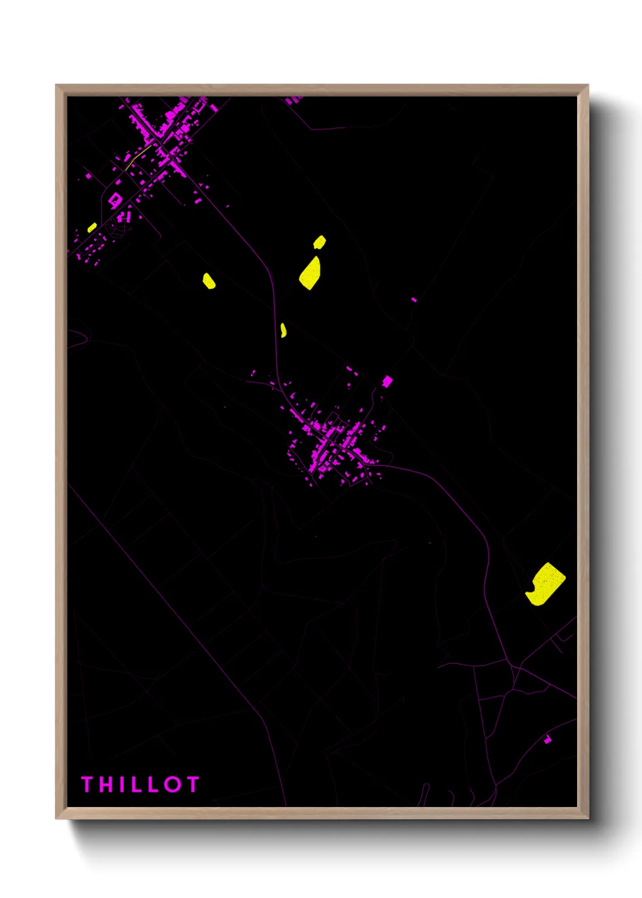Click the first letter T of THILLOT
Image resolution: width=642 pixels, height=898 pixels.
(87, 784)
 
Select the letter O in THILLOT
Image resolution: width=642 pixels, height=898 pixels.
(172, 784)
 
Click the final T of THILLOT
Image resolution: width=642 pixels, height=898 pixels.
(192, 784)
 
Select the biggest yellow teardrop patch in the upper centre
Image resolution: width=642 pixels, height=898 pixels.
(311, 273)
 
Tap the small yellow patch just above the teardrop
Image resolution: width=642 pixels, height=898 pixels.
(319, 243)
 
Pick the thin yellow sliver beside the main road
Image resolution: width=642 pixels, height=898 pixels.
(283, 330)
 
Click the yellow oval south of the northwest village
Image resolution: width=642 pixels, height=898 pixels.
(209, 281)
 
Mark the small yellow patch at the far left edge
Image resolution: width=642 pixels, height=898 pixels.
(92, 228)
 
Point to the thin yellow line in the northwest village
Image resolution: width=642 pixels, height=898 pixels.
(139, 155)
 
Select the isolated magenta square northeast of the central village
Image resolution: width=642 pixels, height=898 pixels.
(387, 381)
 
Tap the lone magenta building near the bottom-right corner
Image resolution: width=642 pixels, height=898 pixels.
(547, 739)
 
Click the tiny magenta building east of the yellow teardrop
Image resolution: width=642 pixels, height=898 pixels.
(414, 299)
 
